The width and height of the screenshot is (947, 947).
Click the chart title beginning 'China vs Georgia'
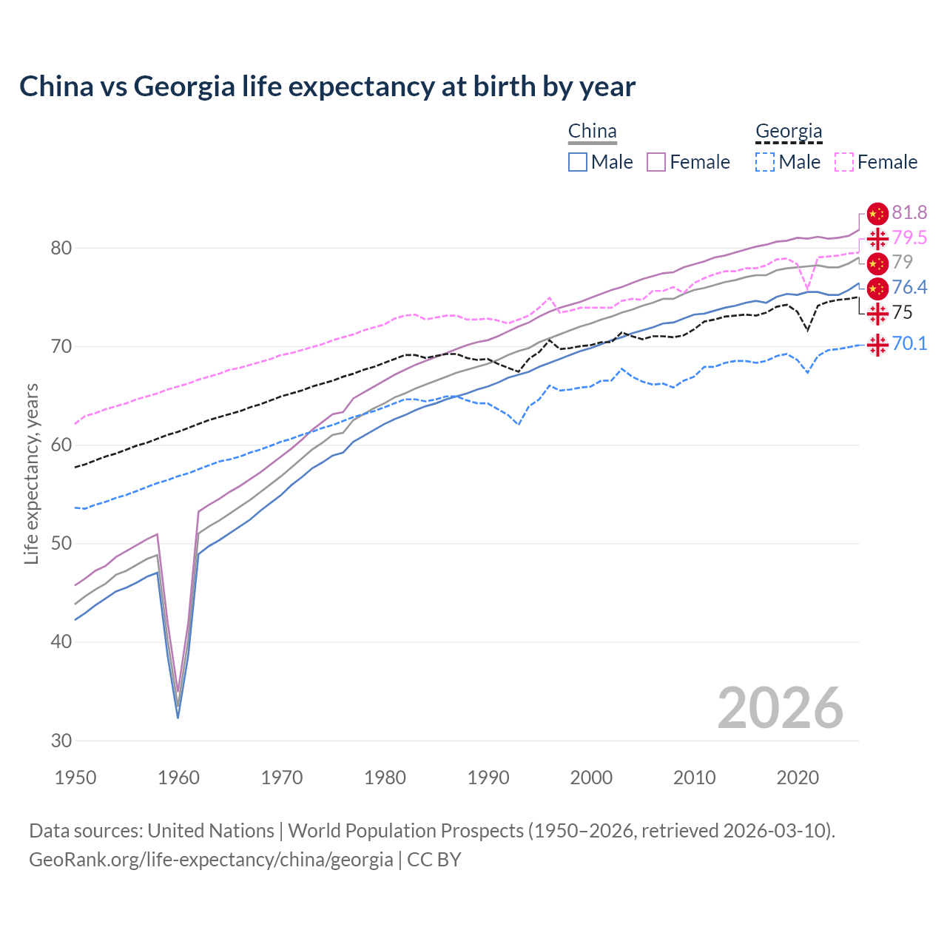pos(327,87)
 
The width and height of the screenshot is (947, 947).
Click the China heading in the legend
pos(592,132)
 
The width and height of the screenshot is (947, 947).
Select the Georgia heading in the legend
pos(789,132)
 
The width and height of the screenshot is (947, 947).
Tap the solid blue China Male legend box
pos(578,162)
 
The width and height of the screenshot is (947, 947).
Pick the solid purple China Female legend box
pos(656,162)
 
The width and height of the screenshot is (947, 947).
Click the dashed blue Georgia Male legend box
pos(765,162)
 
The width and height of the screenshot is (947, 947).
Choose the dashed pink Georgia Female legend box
pos(844,162)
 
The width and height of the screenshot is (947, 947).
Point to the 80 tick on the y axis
pos(61,248)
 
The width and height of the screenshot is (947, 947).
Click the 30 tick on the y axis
pos(61,741)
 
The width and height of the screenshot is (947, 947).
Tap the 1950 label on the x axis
pos(75,778)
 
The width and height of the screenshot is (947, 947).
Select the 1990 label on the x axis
pos(488,778)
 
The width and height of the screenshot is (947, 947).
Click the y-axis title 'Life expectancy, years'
pos(31,473)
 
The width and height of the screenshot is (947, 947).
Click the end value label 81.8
pos(909,213)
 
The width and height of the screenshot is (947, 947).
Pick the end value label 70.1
pos(909,344)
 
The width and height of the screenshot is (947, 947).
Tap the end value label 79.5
pos(909,237)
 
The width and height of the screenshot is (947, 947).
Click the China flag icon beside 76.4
pos(877,288)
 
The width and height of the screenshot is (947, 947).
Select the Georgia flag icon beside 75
pos(877,313)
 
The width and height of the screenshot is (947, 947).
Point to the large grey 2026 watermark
pos(780,708)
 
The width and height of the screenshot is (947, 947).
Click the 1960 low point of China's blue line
pos(178,717)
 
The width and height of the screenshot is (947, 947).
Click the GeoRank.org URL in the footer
pos(211,860)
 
